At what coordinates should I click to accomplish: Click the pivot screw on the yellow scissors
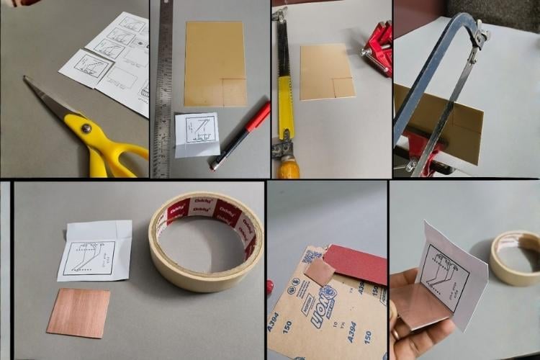click(x=85, y=128)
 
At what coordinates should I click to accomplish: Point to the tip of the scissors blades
click(x=26, y=78)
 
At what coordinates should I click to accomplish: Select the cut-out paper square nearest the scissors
click(x=86, y=68)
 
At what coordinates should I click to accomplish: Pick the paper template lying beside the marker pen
click(x=197, y=134)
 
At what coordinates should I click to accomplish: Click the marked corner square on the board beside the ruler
click(x=233, y=91)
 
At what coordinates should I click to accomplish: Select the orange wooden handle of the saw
click(x=288, y=168)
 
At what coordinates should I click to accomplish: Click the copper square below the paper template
click(x=78, y=312)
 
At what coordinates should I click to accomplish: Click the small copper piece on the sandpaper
click(x=319, y=271)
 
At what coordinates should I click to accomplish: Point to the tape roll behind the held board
click(x=515, y=257)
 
